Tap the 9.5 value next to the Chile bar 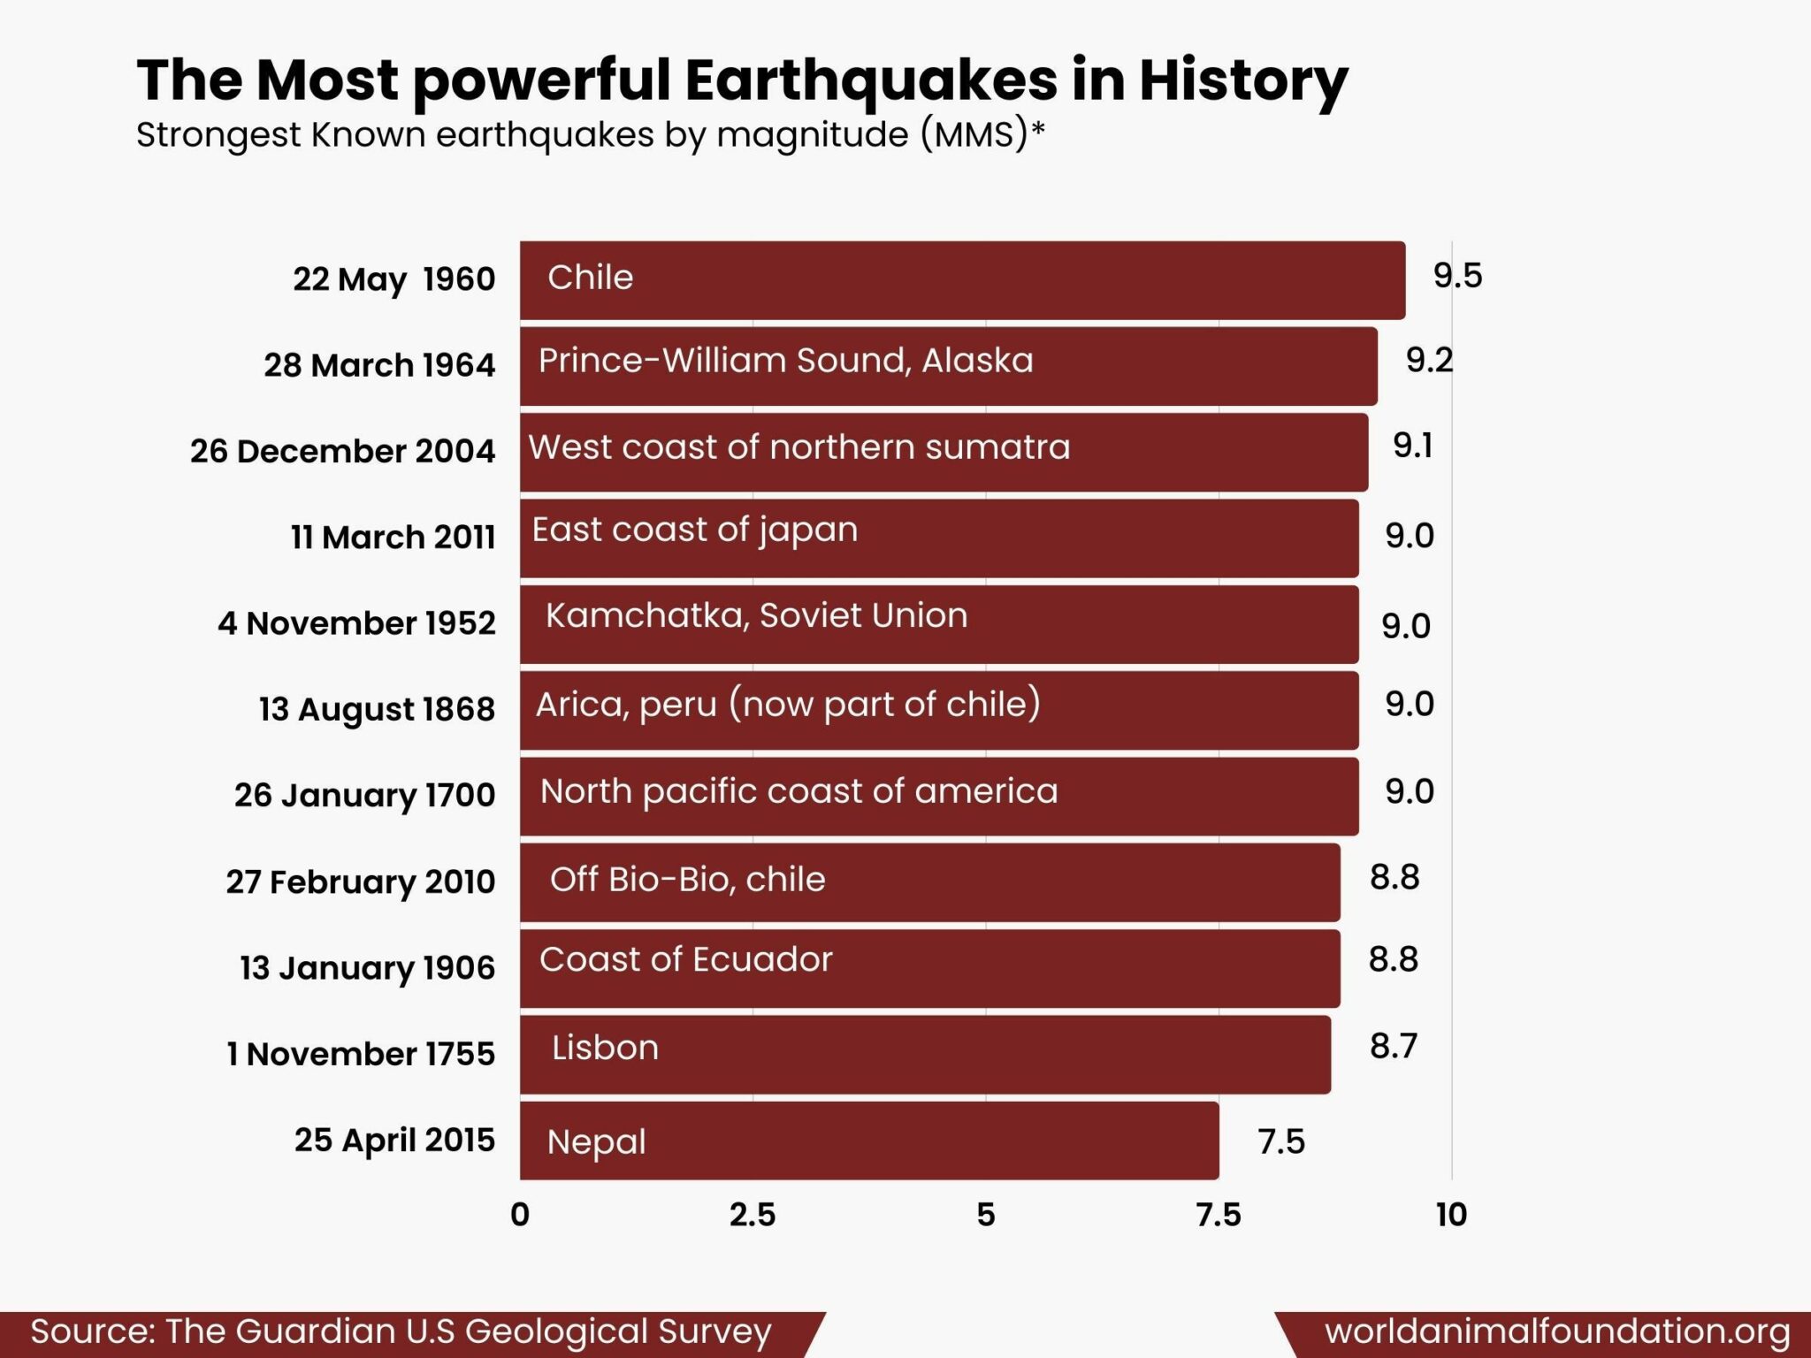click(1457, 276)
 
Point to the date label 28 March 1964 click(379, 364)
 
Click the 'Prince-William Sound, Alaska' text click(785, 361)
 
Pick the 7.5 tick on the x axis click(1219, 1215)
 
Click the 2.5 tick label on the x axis click(753, 1215)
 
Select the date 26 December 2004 click(342, 451)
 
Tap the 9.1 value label click(1412, 446)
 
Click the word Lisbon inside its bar click(605, 1048)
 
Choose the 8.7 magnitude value click(1393, 1046)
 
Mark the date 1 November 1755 click(361, 1054)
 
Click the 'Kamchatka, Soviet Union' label click(756, 615)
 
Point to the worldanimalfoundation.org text click(1557, 1331)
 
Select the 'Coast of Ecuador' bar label click(685, 959)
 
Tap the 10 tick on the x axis click(1451, 1215)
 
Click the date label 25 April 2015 click(394, 1140)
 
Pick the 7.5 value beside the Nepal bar click(1281, 1141)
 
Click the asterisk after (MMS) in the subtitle click(1038, 129)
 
